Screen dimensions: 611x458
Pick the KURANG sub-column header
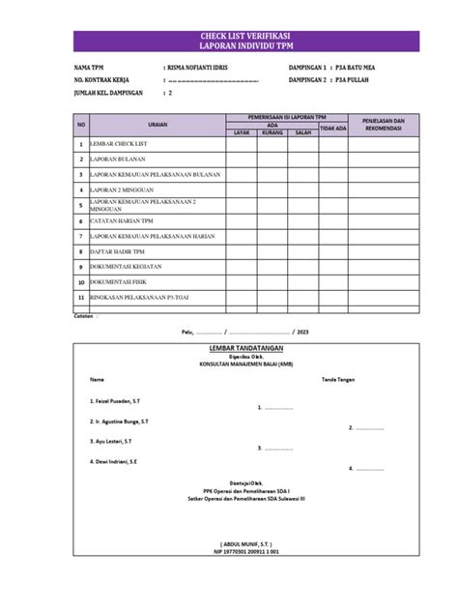[x=272, y=132]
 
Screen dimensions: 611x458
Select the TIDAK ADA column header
[x=333, y=128]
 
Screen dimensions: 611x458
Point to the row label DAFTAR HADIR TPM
[x=124, y=250]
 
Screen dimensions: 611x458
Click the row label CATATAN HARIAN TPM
[x=122, y=220]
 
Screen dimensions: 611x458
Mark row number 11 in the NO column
[x=81, y=297]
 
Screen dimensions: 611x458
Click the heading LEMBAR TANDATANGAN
[x=229, y=346]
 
